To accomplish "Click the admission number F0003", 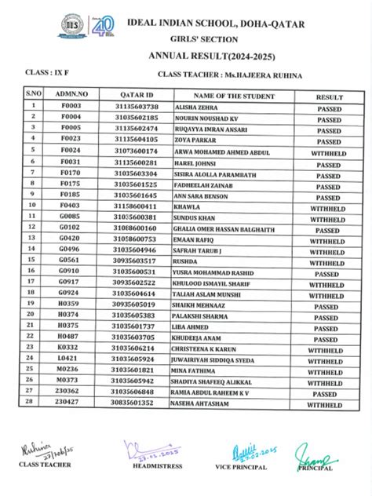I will (x=71, y=106).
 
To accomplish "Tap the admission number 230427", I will (x=70, y=401).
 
